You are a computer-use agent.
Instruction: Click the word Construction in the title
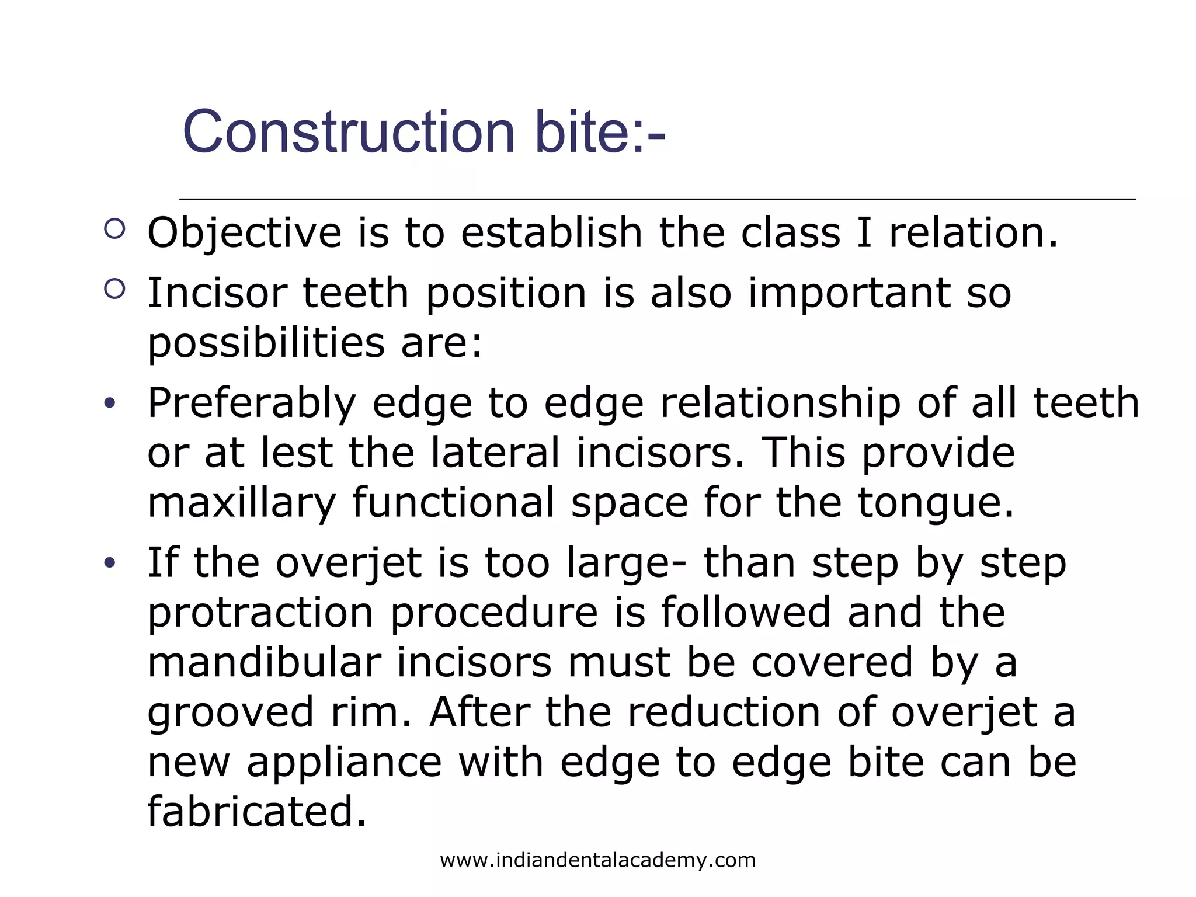coord(349,133)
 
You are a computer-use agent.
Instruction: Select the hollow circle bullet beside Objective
coord(114,228)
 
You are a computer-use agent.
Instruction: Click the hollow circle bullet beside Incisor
coord(114,289)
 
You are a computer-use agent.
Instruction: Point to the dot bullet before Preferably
coord(110,404)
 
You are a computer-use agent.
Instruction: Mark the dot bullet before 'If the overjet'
coord(110,564)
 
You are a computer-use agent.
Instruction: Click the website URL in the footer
coord(597,860)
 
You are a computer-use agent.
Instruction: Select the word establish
coord(551,233)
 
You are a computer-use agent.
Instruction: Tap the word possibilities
coord(266,343)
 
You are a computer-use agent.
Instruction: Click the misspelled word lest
coord(296,453)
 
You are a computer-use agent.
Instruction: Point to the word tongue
coord(936,503)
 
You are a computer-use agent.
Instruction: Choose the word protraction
coord(260,613)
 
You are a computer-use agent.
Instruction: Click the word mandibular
coord(264,663)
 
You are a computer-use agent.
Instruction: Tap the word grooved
coord(231,714)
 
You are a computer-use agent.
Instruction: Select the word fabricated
coord(257,812)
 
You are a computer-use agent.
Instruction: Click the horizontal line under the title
coord(657,200)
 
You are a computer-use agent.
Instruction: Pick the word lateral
coord(495,453)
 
